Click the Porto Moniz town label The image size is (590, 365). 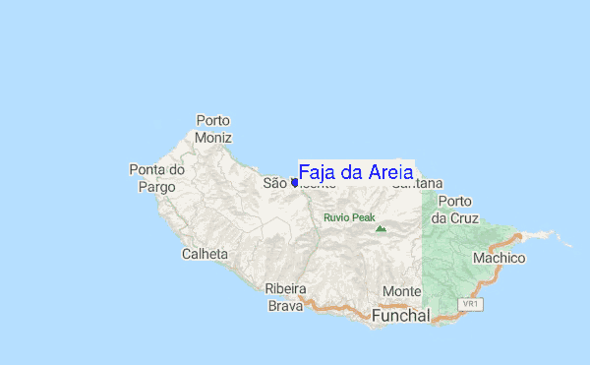(213, 129)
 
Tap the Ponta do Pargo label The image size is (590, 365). (157, 178)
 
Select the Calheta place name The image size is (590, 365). (205, 254)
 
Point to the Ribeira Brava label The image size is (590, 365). (286, 297)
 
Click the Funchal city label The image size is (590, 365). (401, 317)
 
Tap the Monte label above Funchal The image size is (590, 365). (401, 292)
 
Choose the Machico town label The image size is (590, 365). (499, 258)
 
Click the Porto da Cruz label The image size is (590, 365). (454, 209)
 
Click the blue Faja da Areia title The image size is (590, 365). (355, 172)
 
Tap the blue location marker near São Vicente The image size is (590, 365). (295, 182)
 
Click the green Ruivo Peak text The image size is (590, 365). (349, 217)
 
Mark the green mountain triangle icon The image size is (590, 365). (381, 228)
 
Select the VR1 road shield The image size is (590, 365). (472, 305)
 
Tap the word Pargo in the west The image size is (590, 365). (157, 186)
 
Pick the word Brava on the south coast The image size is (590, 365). (286, 306)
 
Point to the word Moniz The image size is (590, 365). (213, 137)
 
